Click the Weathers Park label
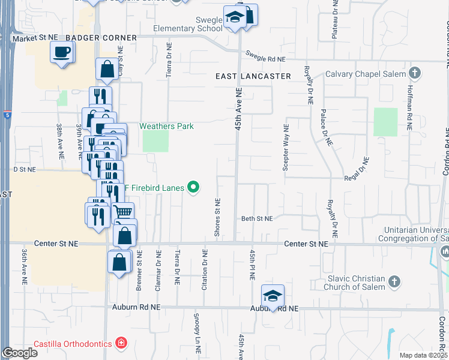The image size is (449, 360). (167, 126)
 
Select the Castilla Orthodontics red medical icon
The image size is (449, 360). (121, 343)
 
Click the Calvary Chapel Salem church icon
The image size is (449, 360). (414, 74)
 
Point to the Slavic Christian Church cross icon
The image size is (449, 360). (394, 281)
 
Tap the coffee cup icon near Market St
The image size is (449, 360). (62, 52)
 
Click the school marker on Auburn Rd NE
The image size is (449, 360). (273, 296)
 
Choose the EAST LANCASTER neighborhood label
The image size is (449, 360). (253, 76)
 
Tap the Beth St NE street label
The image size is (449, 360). (257, 219)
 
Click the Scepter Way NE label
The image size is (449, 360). (286, 147)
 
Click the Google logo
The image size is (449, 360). (20, 353)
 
